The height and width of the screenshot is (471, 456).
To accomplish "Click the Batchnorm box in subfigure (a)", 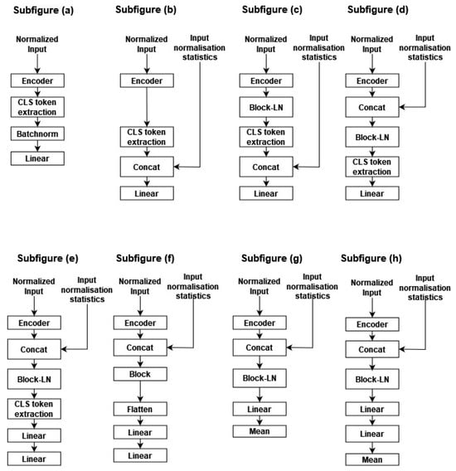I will [x=38, y=133].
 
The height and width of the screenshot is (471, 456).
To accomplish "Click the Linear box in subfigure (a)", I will [x=38, y=158].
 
